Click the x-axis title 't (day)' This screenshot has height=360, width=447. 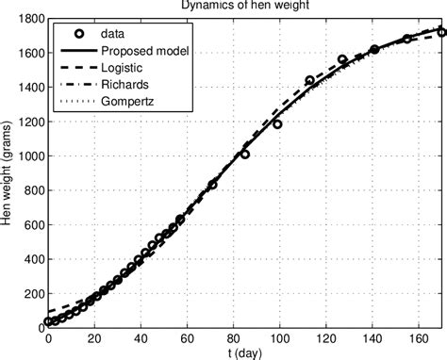point(245,353)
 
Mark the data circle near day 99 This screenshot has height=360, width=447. point(277,123)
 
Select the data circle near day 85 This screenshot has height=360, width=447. point(245,154)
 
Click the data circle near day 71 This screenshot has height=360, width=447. point(212,185)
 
